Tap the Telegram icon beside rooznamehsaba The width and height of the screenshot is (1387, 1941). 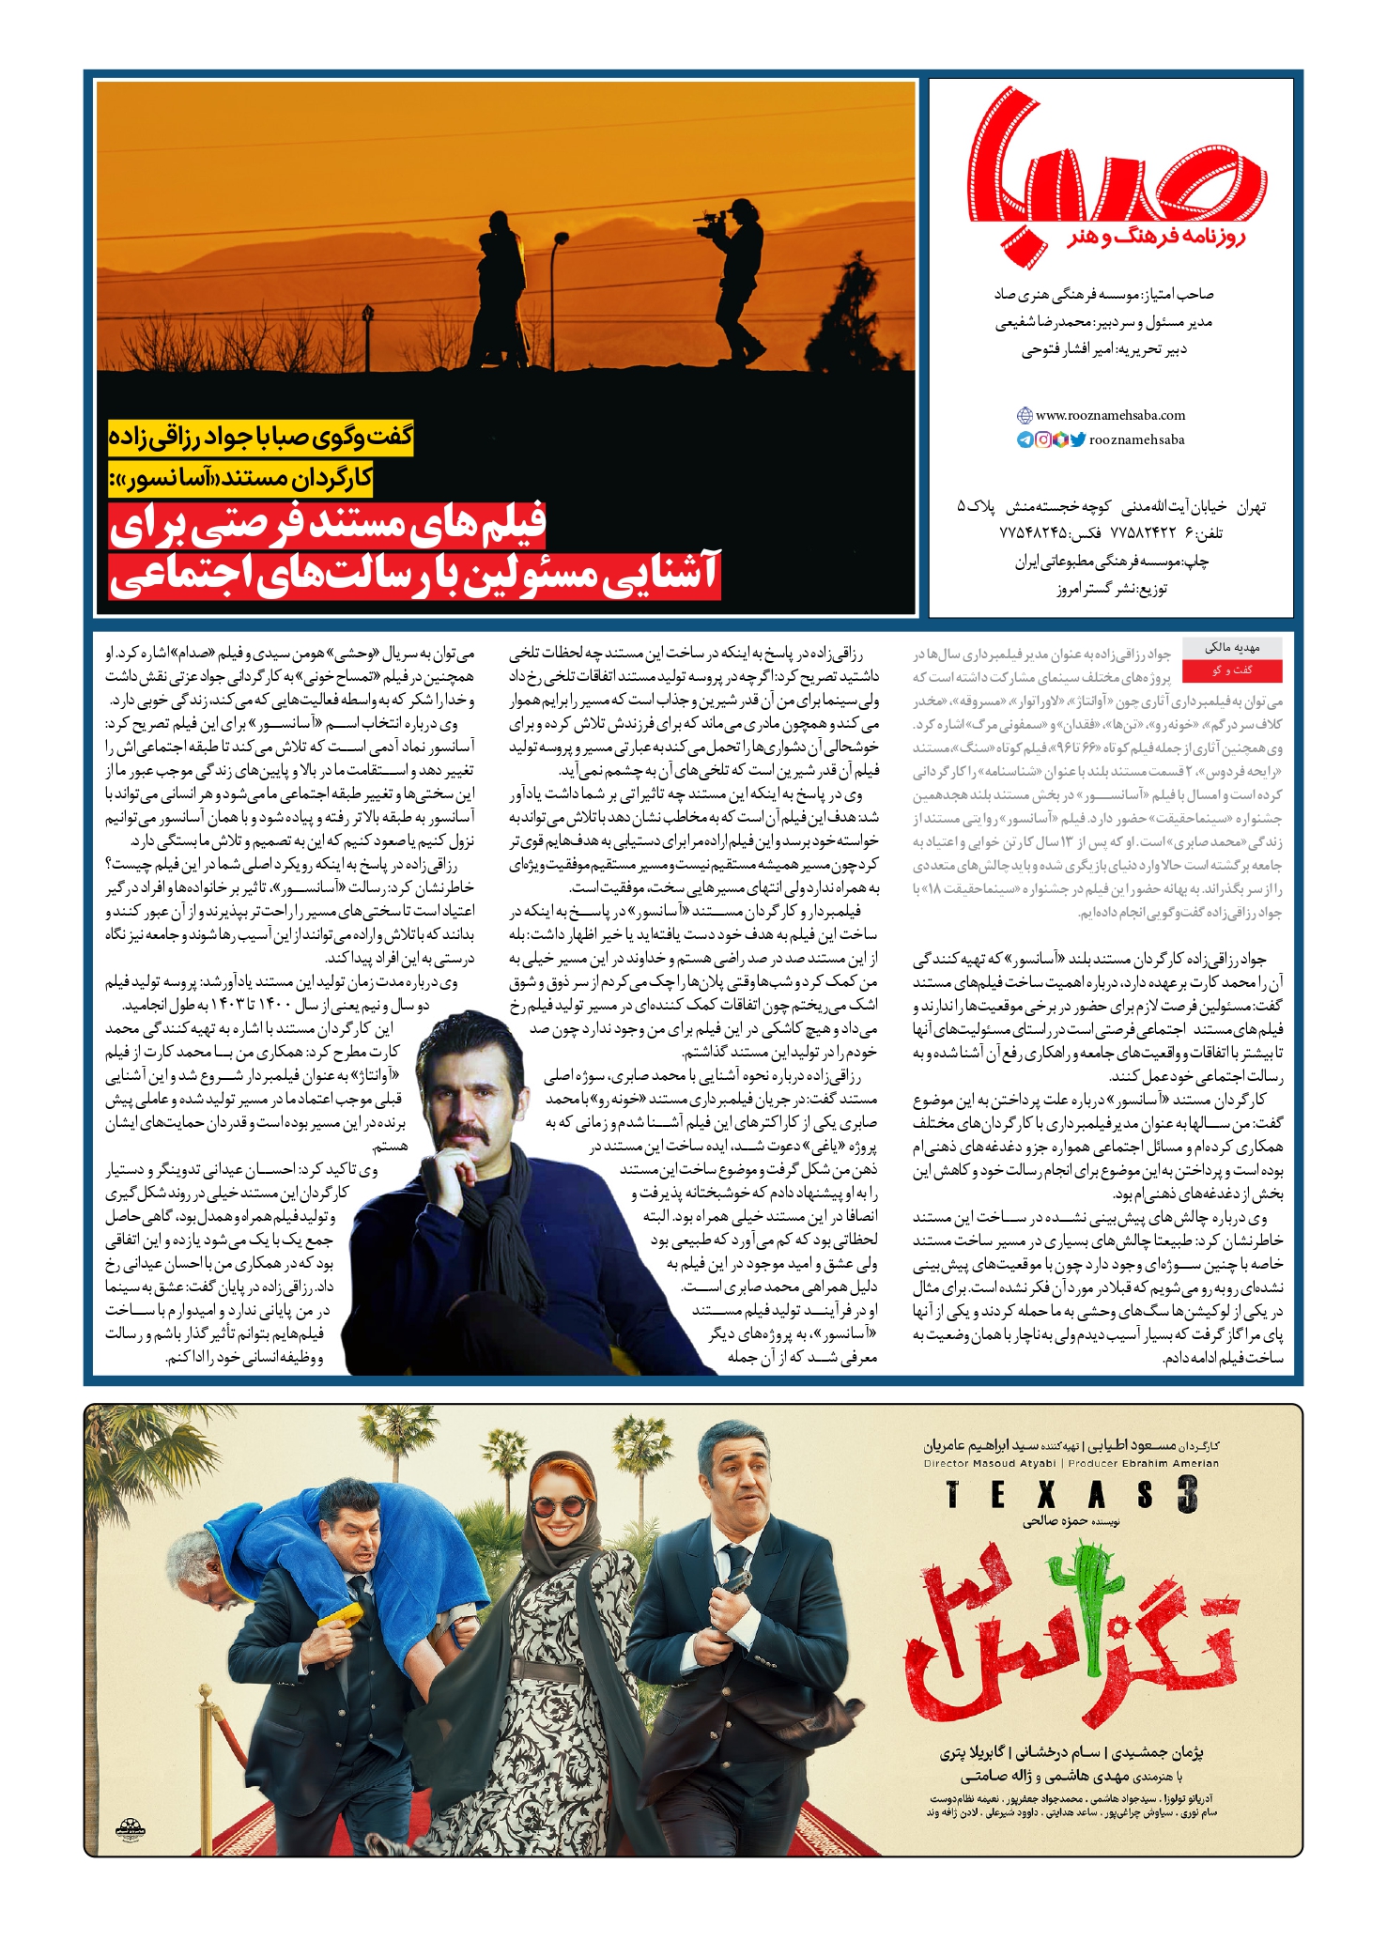(1025, 439)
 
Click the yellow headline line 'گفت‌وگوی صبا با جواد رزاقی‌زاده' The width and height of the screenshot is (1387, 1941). (261, 438)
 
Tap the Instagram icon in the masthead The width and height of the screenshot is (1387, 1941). (1042, 439)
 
